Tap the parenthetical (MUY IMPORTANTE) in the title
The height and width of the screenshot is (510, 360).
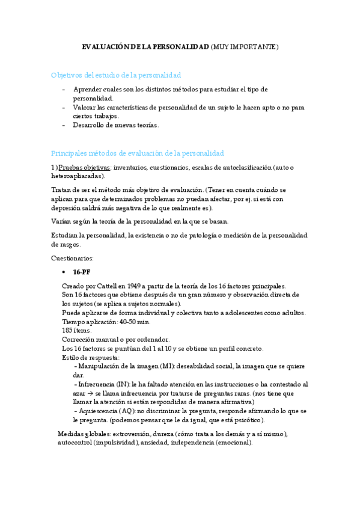pos(245,46)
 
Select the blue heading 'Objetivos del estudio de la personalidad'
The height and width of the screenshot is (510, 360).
pos(116,75)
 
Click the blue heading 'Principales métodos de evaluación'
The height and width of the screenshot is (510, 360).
pos(137,153)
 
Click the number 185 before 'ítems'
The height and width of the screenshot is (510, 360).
pos(68,330)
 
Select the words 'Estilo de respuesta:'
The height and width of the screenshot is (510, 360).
pos(90,357)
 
